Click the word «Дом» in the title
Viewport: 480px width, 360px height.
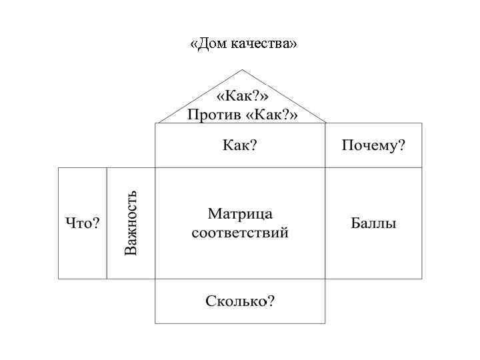tap(209, 44)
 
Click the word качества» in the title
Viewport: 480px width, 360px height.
tap(265, 44)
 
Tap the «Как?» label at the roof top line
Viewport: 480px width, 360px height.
tap(241, 97)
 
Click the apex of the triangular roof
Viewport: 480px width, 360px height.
tap(242, 70)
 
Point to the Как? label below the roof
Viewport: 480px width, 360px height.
tap(240, 145)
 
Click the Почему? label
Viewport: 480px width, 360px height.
tap(373, 145)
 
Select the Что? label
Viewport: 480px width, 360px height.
tap(82, 223)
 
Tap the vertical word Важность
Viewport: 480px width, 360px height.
tap(131, 223)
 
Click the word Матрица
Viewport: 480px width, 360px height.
tap(240, 215)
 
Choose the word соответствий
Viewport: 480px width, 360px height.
tap(240, 233)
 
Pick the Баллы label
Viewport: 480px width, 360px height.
tap(373, 223)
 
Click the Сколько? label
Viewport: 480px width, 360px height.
tap(240, 301)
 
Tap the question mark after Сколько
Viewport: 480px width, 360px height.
tap(271, 301)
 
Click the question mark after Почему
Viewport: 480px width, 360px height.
tap(401, 145)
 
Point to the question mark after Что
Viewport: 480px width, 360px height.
tap(96, 223)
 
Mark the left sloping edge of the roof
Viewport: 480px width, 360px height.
tap(199, 97)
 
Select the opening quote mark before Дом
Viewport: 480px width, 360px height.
tap(193, 45)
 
